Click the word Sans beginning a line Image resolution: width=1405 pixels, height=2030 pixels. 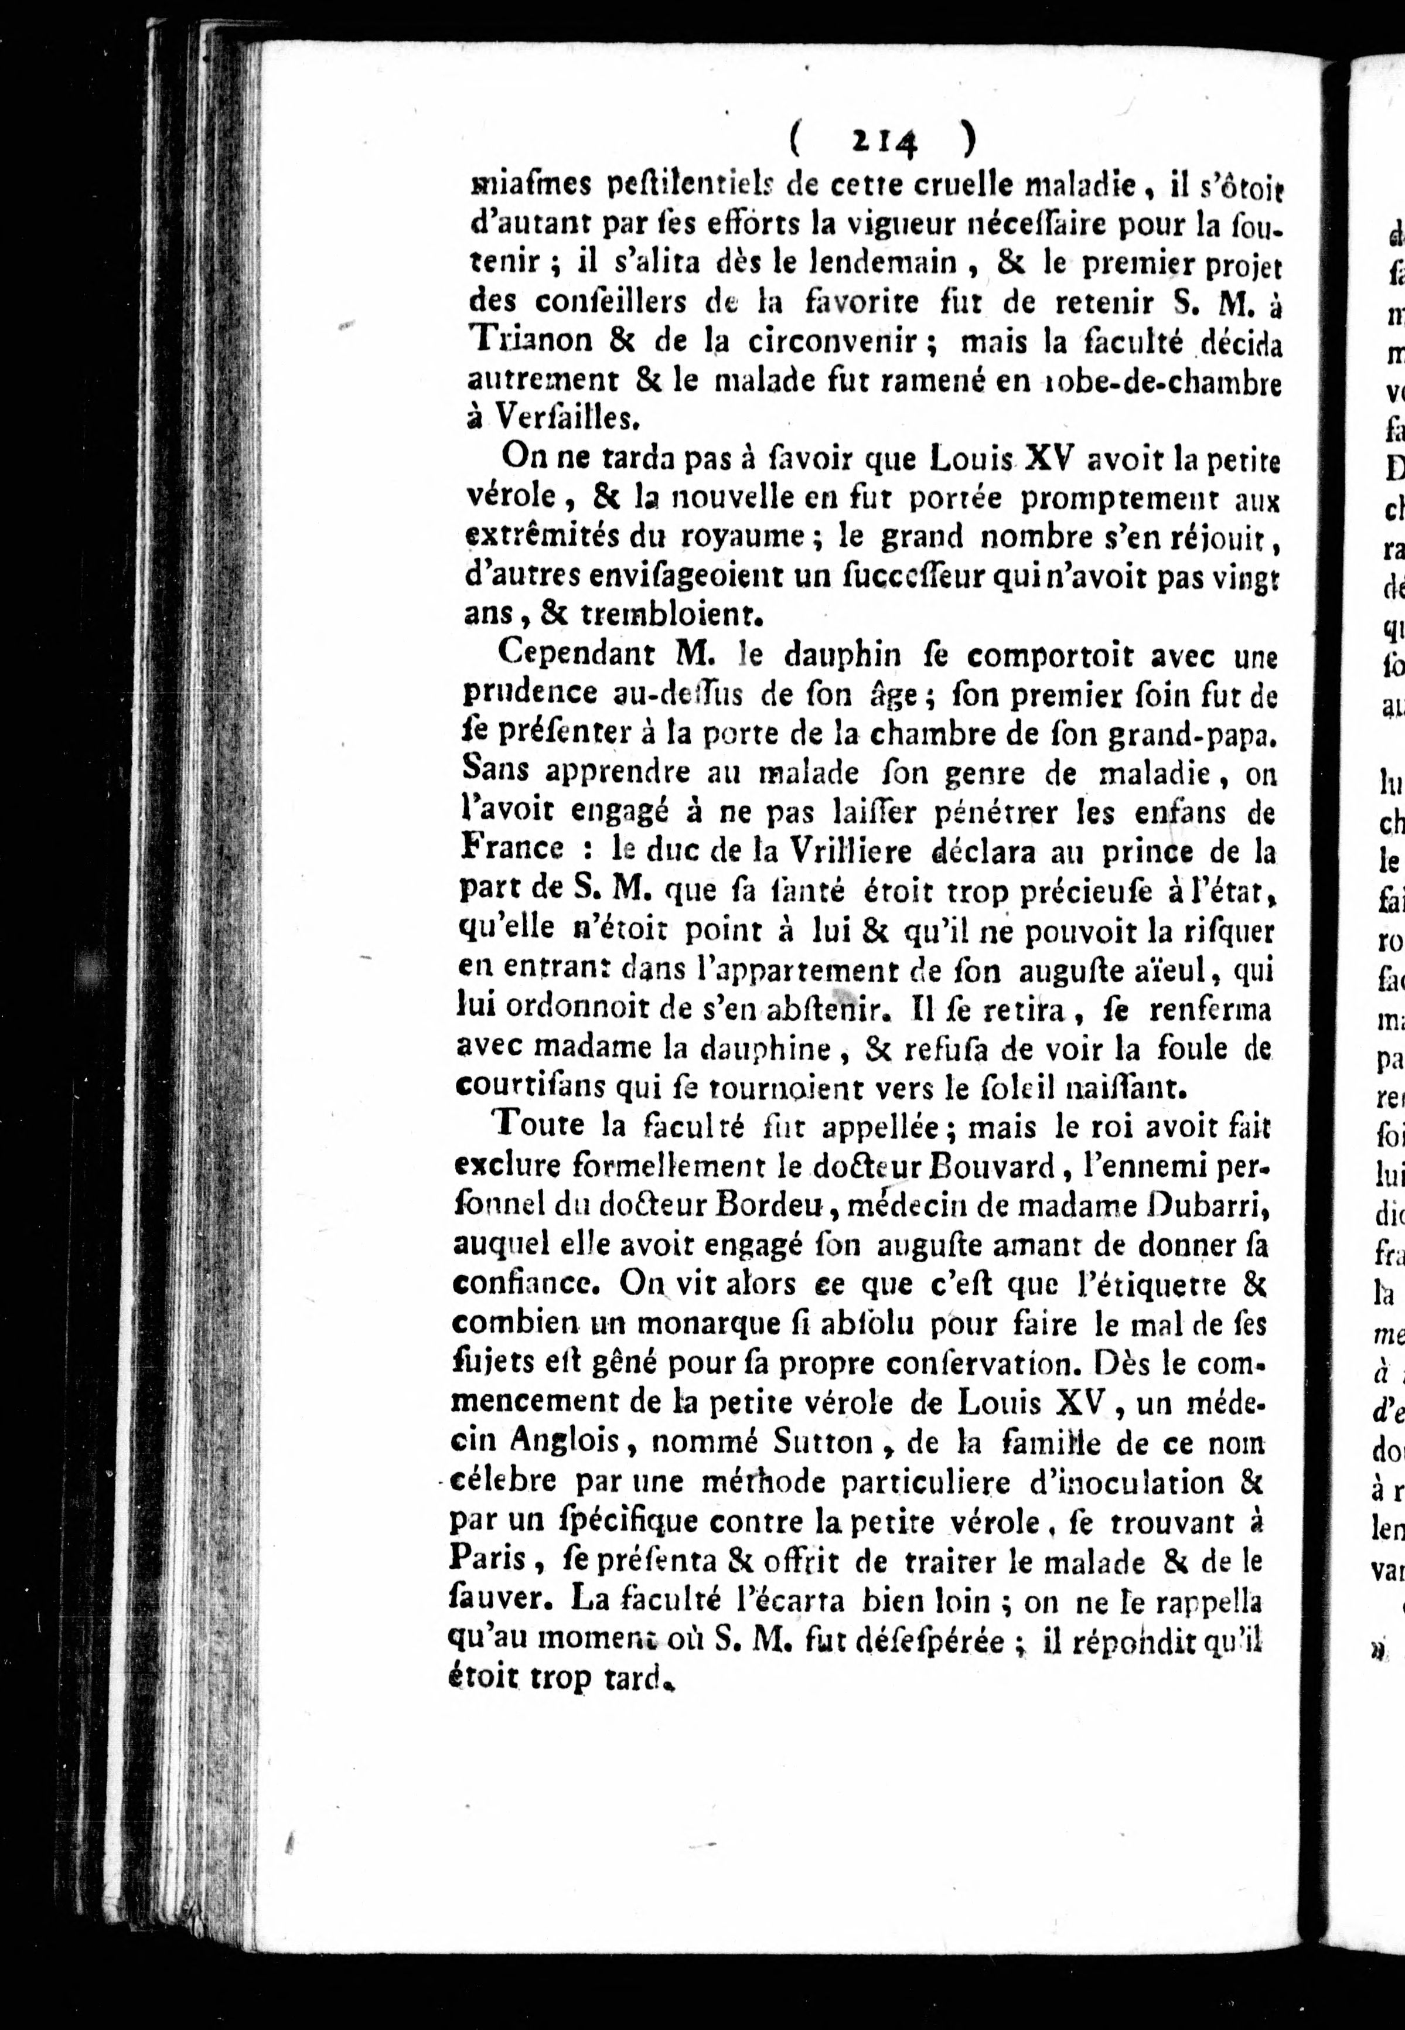496,770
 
